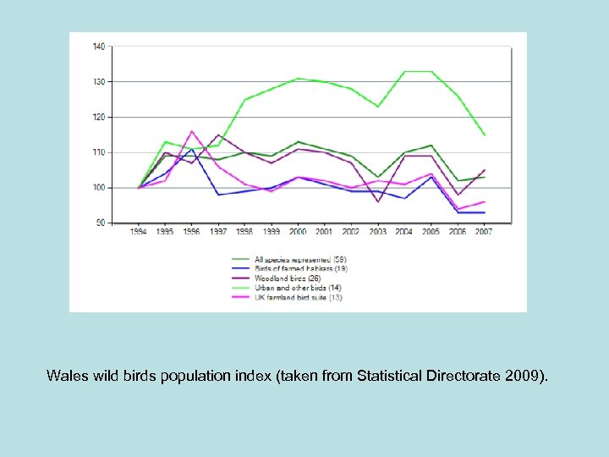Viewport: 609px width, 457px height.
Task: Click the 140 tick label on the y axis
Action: [98, 47]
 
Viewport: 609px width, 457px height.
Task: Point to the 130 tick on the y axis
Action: [98, 81]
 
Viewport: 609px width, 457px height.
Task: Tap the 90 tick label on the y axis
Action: [100, 223]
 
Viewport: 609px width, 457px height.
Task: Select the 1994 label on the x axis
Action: [139, 232]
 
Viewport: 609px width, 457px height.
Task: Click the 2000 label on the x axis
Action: [297, 232]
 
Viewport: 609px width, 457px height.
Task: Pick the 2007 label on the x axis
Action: [482, 232]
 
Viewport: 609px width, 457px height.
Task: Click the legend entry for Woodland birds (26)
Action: [282, 278]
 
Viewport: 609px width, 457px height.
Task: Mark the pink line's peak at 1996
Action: [192, 131]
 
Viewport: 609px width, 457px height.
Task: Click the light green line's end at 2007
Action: [483, 135]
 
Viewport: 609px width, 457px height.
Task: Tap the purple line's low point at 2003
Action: [377, 201]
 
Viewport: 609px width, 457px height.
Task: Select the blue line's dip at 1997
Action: [218, 195]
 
